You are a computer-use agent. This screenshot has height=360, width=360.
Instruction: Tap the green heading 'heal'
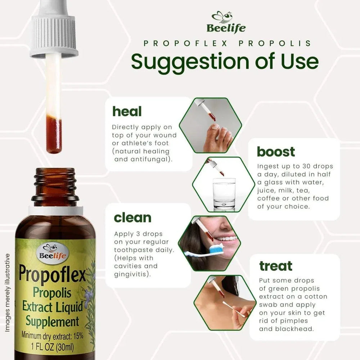(x=127, y=111)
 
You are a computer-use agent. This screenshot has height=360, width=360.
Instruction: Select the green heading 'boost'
(x=276, y=152)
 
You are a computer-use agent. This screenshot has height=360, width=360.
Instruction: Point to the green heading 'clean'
(x=132, y=217)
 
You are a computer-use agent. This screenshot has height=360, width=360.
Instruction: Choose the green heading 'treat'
(x=276, y=266)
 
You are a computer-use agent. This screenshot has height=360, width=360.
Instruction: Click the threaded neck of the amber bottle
(x=55, y=185)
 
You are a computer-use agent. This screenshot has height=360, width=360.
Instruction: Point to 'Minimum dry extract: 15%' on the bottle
(x=53, y=335)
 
